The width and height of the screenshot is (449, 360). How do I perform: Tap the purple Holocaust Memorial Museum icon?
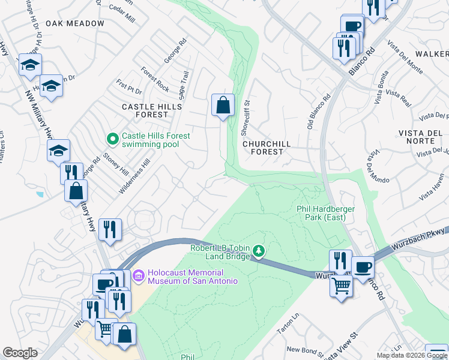tap(139, 276)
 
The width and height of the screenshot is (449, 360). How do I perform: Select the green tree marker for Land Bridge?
tap(259, 249)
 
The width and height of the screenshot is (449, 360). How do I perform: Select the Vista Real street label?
tap(397, 94)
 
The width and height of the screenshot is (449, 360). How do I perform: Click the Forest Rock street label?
tap(155, 79)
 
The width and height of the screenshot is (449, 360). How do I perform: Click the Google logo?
tap(20, 353)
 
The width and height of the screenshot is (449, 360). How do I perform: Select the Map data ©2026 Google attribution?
tap(412, 355)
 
